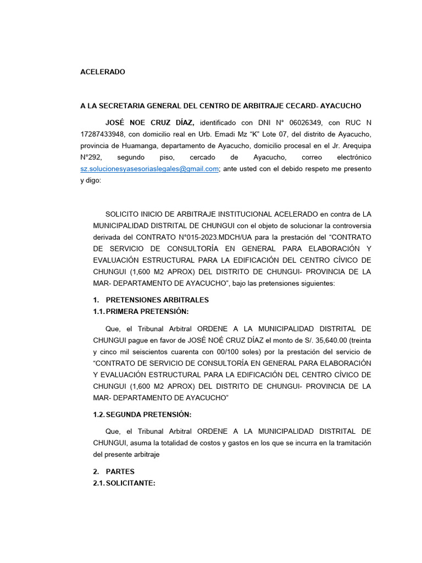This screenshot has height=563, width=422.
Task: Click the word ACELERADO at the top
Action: click(x=103, y=72)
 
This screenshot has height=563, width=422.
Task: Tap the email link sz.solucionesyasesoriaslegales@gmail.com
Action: click(x=149, y=169)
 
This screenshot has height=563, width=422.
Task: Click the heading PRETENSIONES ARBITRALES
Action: click(x=157, y=300)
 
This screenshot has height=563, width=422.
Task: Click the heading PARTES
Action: click(x=120, y=472)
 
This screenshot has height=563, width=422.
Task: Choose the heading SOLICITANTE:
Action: click(x=130, y=483)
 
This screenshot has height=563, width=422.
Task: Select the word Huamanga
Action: click(x=143, y=146)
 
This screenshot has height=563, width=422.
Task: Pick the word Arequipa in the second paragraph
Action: click(x=356, y=146)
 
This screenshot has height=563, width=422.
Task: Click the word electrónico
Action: click(x=351, y=157)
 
